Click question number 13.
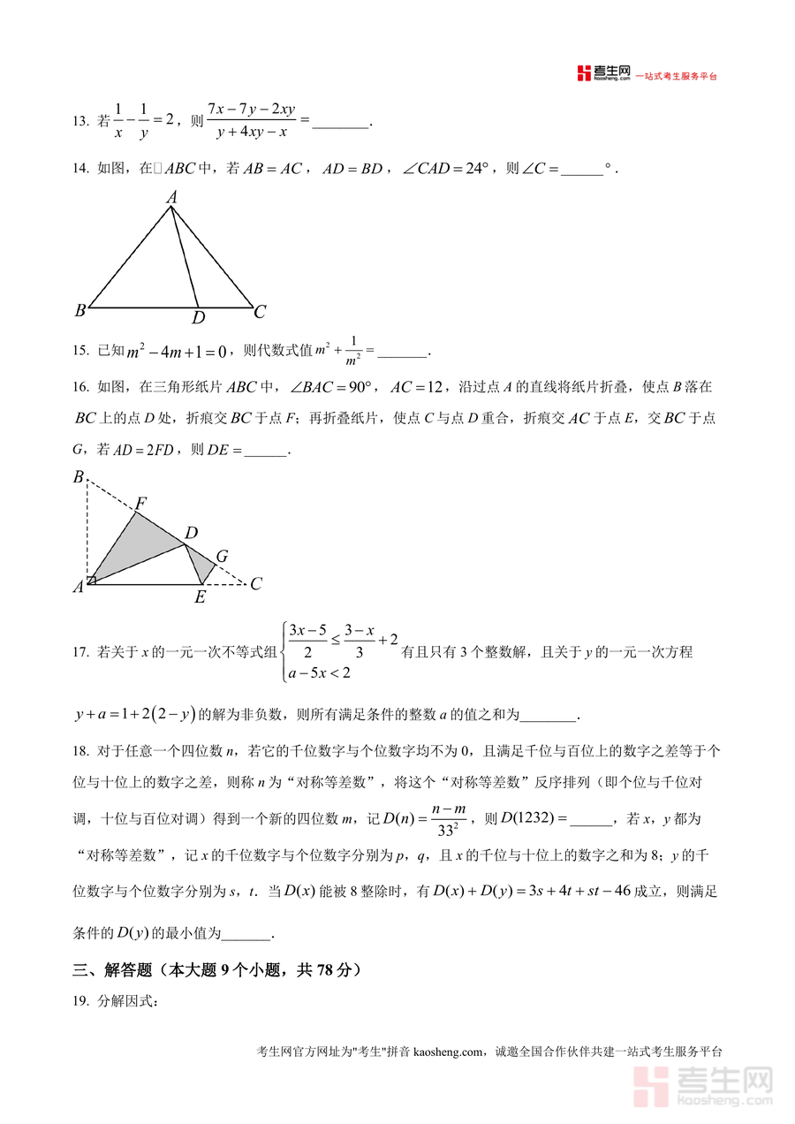pos(79,121)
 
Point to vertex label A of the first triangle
pos(172,198)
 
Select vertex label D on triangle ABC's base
pos(199,317)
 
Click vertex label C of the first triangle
pos(260,312)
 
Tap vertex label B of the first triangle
pos(79,311)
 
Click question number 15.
pos(79,351)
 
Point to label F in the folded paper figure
pos(140,504)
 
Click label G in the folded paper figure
pos(222,557)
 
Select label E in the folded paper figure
pos(200,597)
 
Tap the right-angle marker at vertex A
pos(92,580)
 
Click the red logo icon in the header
pos(583,74)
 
